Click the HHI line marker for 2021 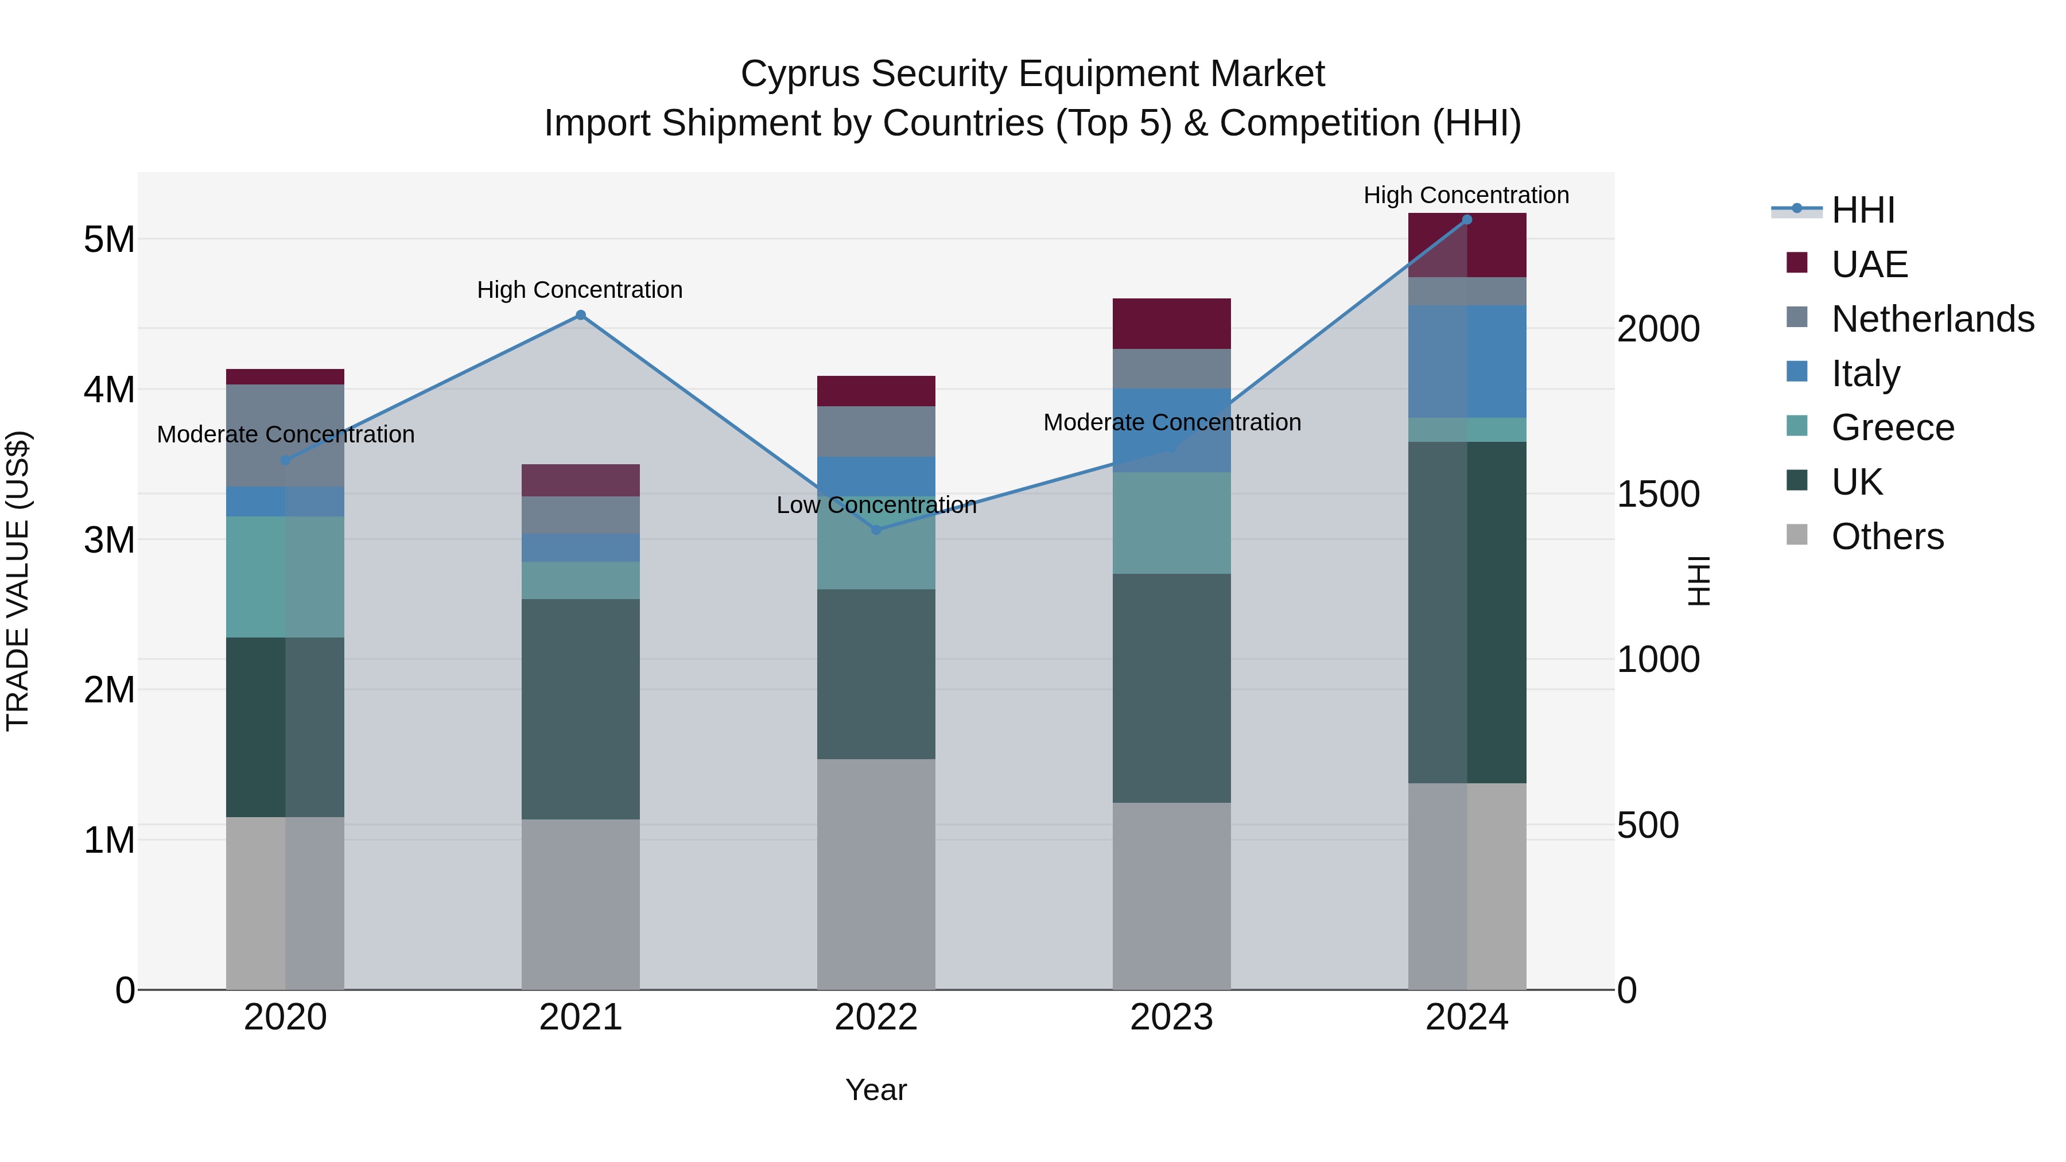coord(581,315)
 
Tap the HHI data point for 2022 coord(876,530)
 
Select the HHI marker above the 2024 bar coord(1467,219)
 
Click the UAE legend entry coord(1869,265)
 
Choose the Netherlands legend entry coord(1931,319)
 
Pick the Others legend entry coord(1886,537)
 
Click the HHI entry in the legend coord(1862,210)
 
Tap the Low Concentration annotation coord(876,505)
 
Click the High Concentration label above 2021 coord(580,290)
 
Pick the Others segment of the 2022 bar coord(876,874)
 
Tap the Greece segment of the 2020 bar coord(285,577)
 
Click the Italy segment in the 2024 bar coord(1467,362)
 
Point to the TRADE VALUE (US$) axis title coord(18,581)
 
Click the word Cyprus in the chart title coord(799,74)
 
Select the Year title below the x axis coord(876,1090)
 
